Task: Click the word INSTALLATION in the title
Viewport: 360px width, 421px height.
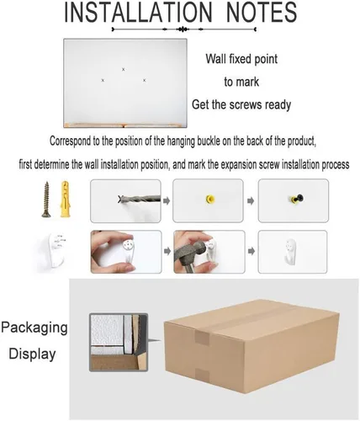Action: pos(138,12)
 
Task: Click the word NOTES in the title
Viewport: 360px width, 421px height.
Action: pos(262,12)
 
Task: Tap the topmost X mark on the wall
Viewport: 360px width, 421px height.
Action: pos(124,69)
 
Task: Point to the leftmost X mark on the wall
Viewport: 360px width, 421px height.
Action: pos(103,80)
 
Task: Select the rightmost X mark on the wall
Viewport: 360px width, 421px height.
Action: pos(144,80)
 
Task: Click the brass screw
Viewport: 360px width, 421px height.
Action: pos(46,200)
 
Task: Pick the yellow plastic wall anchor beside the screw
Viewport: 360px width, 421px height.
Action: pos(66,199)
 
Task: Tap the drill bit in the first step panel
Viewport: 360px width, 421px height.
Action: pos(140,200)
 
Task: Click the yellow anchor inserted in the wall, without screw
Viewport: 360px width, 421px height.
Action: pos(210,200)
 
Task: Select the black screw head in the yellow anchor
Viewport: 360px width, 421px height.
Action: pos(299,198)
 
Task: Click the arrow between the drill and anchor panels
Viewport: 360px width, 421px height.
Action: pos(167,201)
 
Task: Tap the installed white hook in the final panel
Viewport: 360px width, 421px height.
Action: pos(291,251)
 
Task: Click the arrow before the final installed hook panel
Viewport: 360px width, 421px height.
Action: pos(251,251)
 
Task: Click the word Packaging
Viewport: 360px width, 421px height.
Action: pos(34,328)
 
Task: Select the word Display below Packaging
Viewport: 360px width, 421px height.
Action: pos(32,354)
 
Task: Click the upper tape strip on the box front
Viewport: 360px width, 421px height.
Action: pos(202,337)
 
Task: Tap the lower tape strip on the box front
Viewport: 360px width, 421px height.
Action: pos(202,376)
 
